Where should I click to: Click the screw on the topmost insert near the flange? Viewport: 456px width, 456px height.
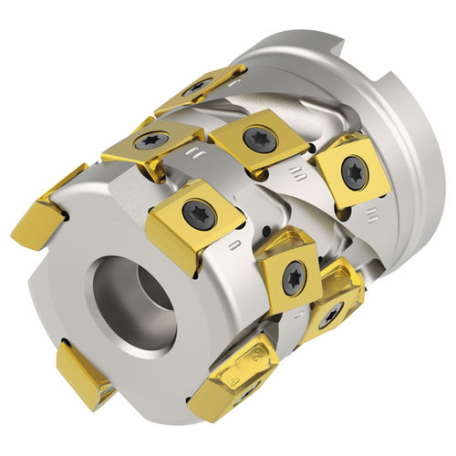click(197, 89)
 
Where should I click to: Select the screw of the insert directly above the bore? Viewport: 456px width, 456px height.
click(198, 212)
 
